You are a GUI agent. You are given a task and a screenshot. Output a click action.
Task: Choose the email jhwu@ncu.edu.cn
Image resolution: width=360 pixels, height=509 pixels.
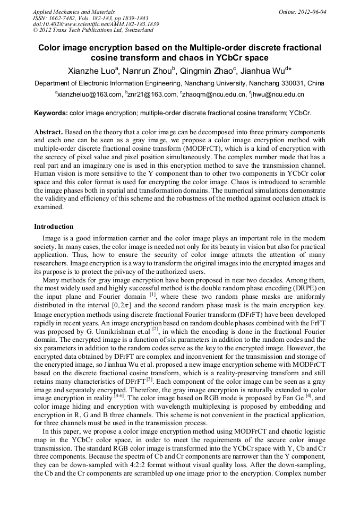click(278, 94)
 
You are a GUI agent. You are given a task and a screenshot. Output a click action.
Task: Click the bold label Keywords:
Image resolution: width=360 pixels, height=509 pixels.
click(51, 113)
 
